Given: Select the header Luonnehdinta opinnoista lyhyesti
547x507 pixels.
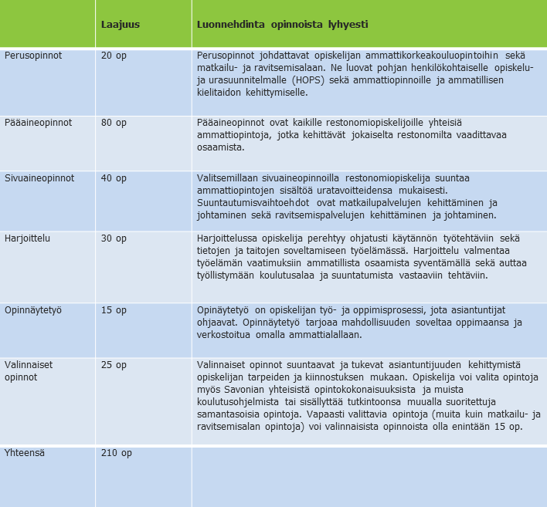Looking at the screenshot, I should click(283, 24).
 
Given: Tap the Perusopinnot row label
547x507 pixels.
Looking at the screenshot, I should click(33, 56).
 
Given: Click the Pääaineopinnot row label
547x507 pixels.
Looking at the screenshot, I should click(39, 123).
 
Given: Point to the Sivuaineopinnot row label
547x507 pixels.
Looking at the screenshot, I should click(39, 177).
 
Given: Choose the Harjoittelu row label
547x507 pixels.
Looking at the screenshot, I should click(27, 238).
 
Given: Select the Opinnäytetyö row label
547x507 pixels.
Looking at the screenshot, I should click(32, 310).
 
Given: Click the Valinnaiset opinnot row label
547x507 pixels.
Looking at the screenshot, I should click(29, 370).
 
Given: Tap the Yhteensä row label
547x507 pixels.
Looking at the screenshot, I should click(25, 453).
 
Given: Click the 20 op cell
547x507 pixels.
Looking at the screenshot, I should click(114, 56).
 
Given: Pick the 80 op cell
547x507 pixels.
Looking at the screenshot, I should click(114, 123).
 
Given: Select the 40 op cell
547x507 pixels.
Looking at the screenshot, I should click(114, 177).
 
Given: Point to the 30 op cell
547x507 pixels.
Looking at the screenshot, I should click(114, 238).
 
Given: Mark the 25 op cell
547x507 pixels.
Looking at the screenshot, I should click(114, 365).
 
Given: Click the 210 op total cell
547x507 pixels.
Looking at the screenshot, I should click(117, 453).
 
